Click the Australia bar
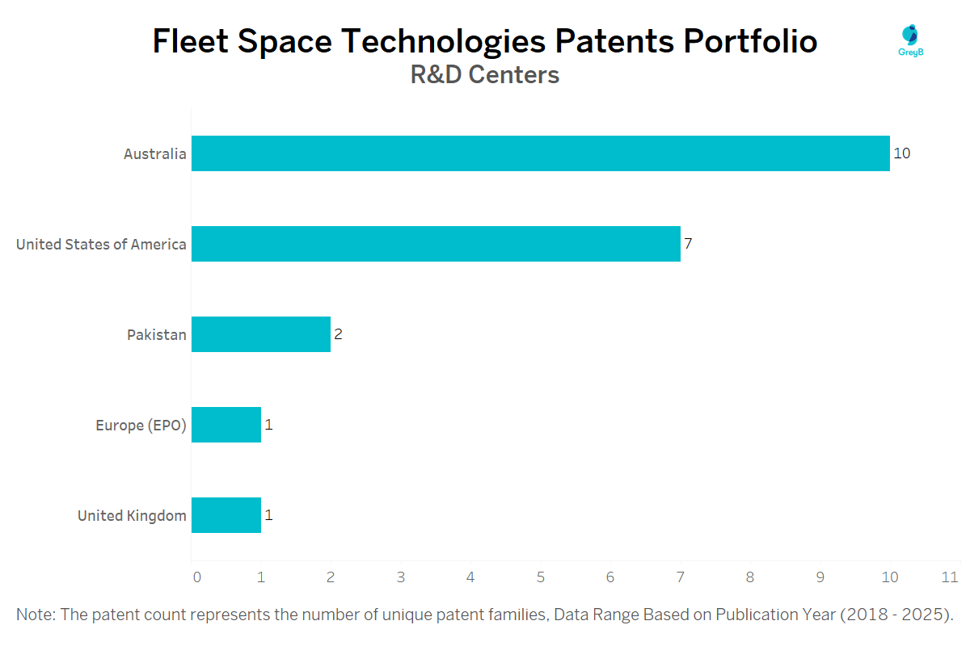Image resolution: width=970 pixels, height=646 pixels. [x=540, y=153]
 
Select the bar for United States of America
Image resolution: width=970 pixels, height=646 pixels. [x=436, y=244]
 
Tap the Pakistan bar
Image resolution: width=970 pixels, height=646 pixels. [x=261, y=334]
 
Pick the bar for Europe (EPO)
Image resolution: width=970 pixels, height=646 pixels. [x=226, y=425]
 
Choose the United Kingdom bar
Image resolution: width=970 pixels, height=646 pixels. [x=226, y=515]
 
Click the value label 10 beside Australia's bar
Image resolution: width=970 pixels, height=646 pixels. [x=902, y=153]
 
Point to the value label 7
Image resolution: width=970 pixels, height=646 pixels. [x=688, y=244]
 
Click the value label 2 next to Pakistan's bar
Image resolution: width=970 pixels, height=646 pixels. [x=339, y=334]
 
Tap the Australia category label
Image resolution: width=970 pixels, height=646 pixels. [x=154, y=153]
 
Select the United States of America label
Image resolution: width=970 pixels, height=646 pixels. [x=101, y=244]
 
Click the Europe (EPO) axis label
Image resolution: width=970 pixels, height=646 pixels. [x=141, y=425]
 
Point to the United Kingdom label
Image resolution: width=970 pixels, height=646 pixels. [x=132, y=515]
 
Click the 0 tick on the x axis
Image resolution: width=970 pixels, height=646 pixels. [x=196, y=577]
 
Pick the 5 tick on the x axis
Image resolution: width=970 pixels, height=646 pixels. [x=540, y=577]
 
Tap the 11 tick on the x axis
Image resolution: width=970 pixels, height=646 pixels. [x=951, y=577]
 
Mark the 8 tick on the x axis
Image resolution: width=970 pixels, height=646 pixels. [x=750, y=577]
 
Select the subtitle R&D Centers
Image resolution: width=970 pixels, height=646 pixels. [x=485, y=75]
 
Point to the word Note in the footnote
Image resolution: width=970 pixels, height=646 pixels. [x=34, y=615]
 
